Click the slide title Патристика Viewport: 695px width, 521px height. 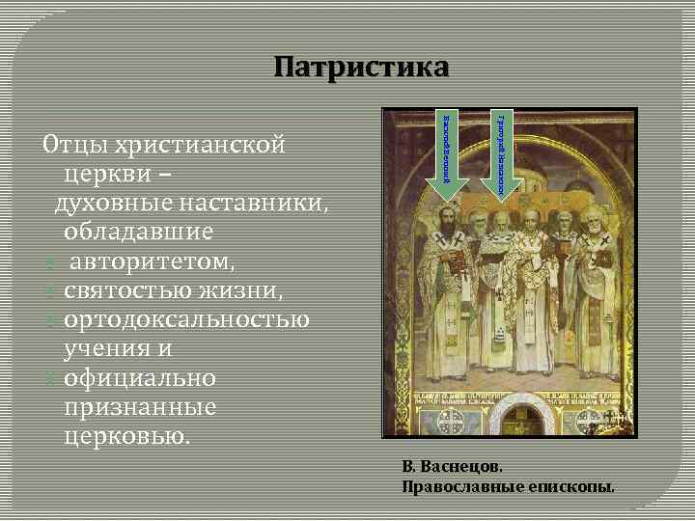[x=361, y=69]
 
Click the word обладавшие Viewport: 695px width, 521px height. [x=139, y=233]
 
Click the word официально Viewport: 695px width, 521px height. [x=140, y=377]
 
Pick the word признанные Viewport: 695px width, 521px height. [x=140, y=406]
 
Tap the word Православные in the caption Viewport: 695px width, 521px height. [x=458, y=485]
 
